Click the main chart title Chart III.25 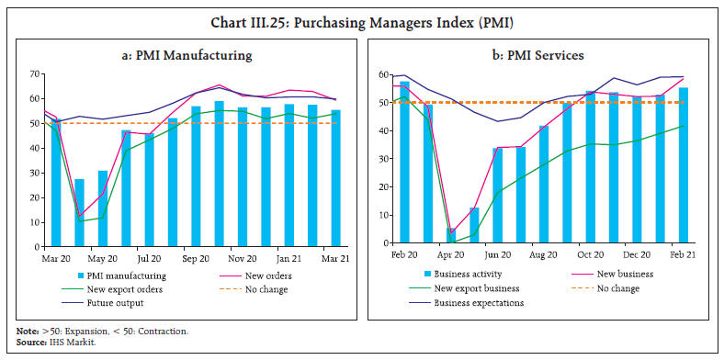(362, 13)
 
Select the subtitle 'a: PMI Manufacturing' (188, 56)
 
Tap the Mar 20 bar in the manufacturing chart (56, 184)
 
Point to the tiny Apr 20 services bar (451, 236)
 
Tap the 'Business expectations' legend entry (482, 302)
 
